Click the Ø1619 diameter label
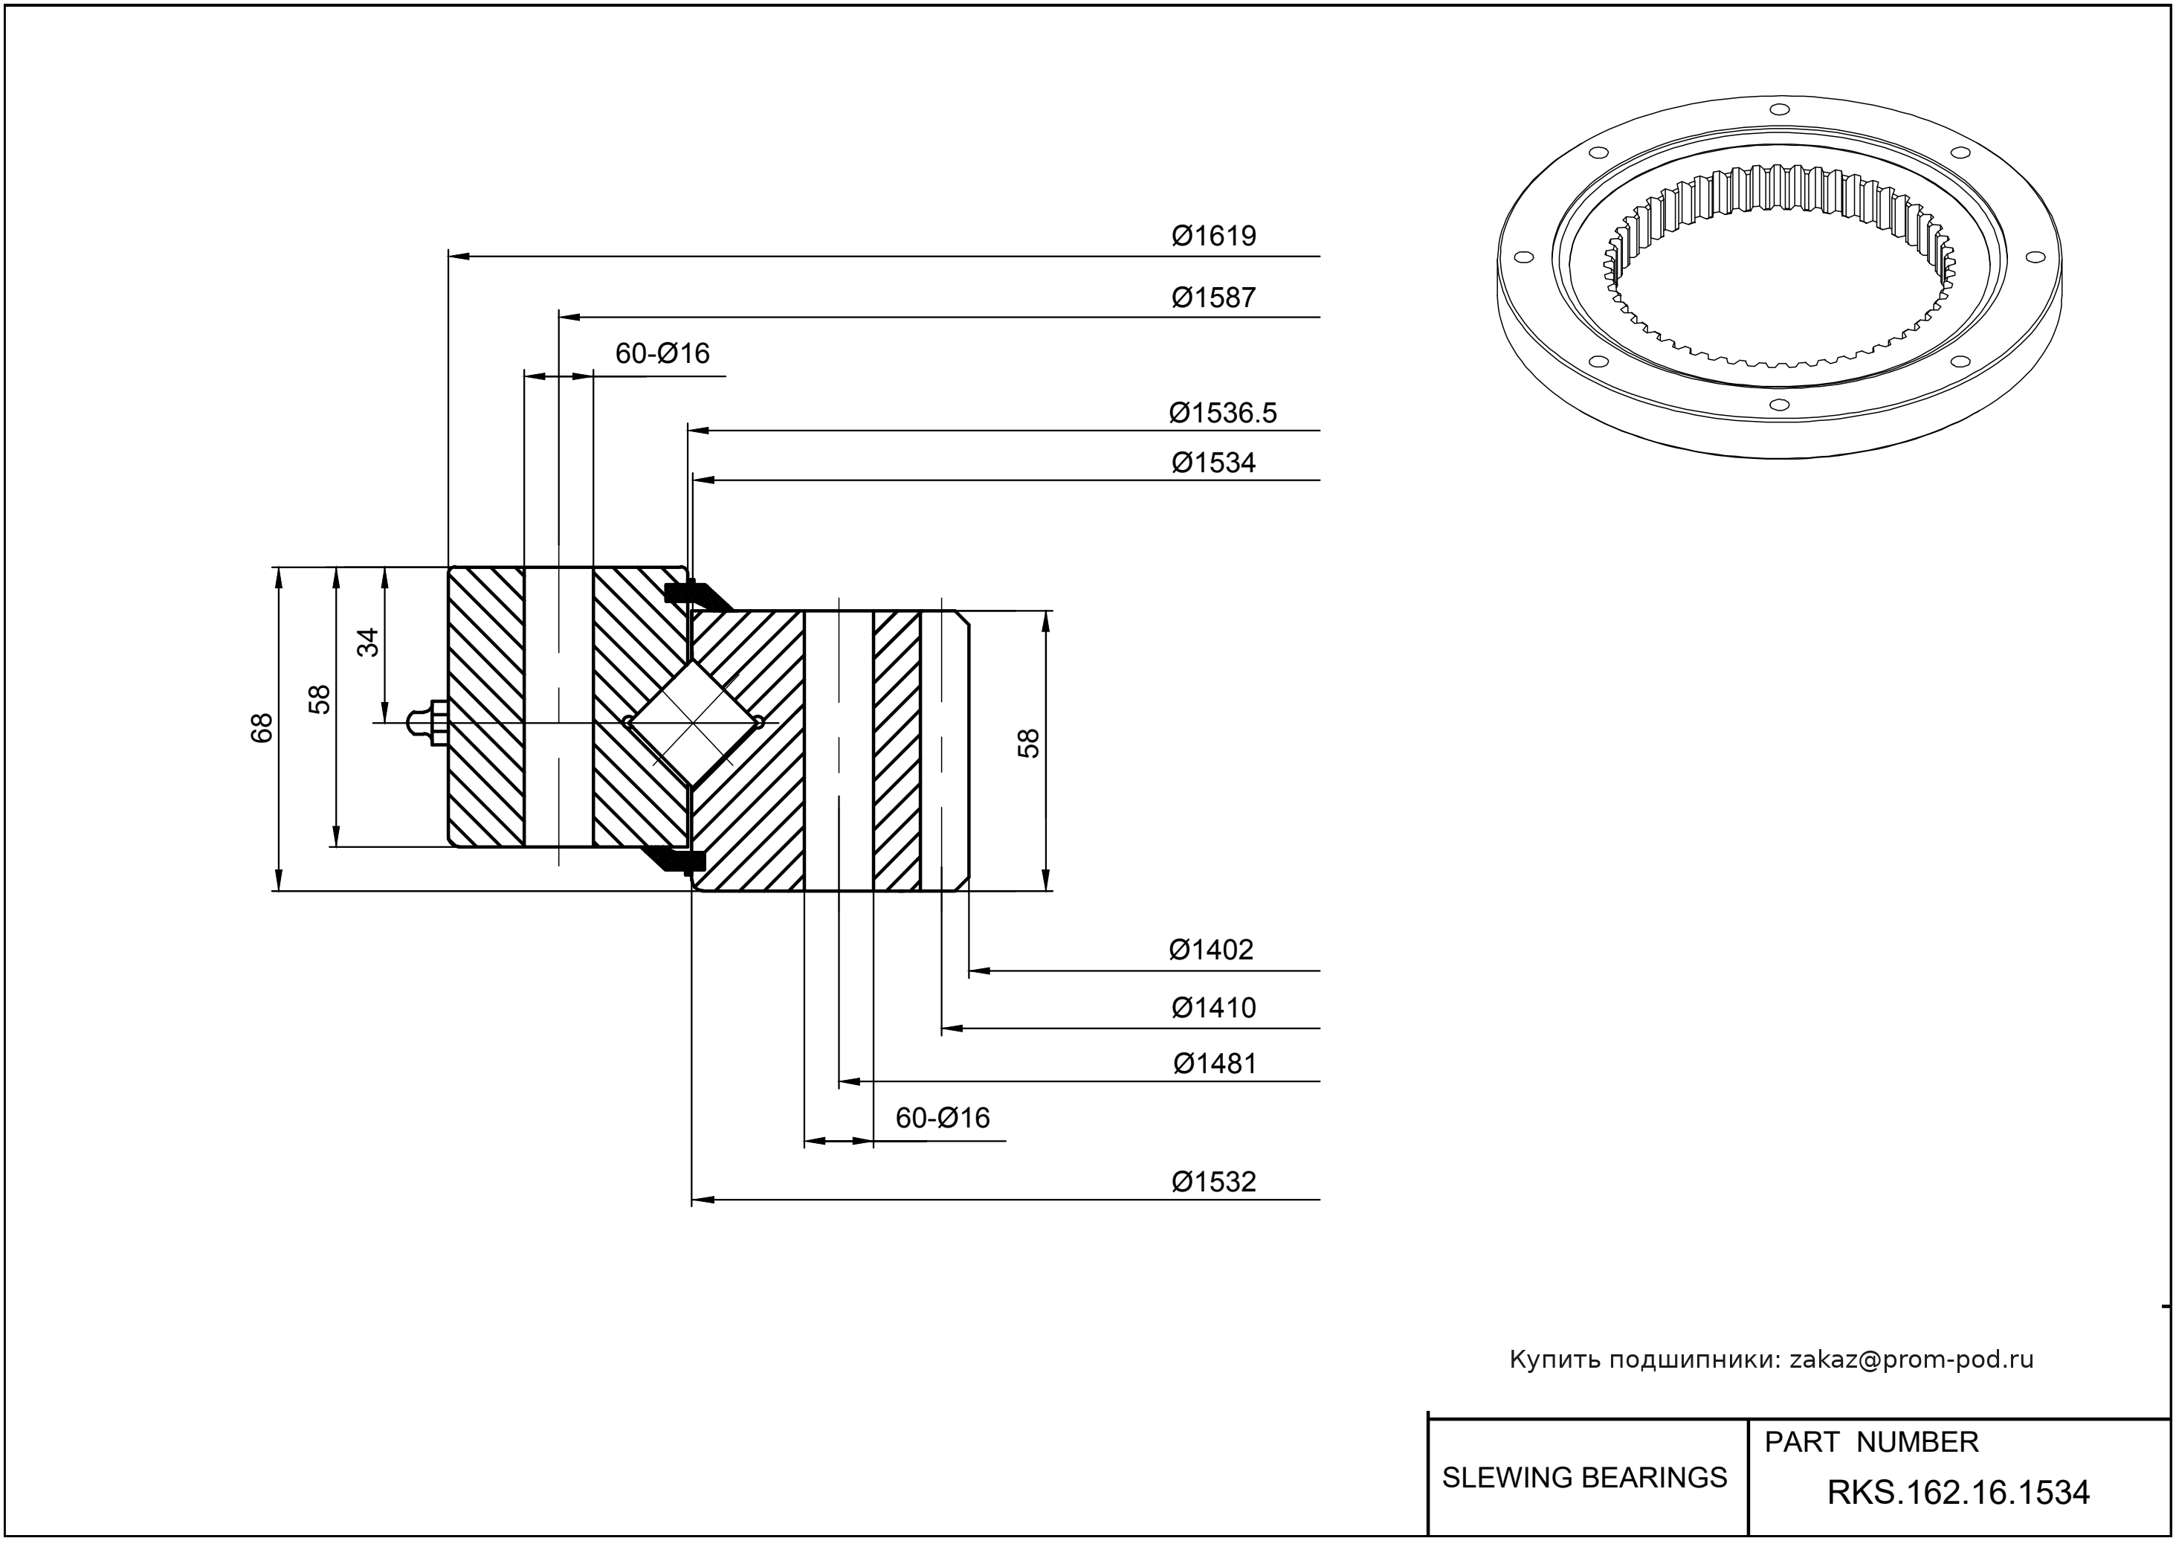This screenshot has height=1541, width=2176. [x=1213, y=235]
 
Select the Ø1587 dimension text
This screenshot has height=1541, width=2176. [x=1213, y=298]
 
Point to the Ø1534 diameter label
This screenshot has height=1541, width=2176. [x=1213, y=463]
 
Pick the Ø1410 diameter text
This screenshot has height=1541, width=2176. [x=1213, y=1008]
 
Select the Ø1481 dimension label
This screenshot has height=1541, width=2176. [x=1214, y=1064]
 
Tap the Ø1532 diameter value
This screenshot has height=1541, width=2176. [x=1213, y=1183]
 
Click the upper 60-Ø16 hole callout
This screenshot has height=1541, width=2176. [x=662, y=354]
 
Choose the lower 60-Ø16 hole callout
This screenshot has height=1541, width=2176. [x=942, y=1119]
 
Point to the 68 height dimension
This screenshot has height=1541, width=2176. [x=262, y=728]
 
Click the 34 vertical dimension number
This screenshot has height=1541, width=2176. [x=368, y=643]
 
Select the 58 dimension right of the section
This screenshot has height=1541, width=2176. [x=1028, y=743]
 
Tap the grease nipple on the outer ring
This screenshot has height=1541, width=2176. [x=427, y=723]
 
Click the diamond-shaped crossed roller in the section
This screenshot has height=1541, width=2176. [x=694, y=723]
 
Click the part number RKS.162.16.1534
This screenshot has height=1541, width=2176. [x=1958, y=1493]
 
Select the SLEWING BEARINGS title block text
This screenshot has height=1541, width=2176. [x=1584, y=1478]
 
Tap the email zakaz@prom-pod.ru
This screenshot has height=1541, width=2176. [x=1911, y=1360]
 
